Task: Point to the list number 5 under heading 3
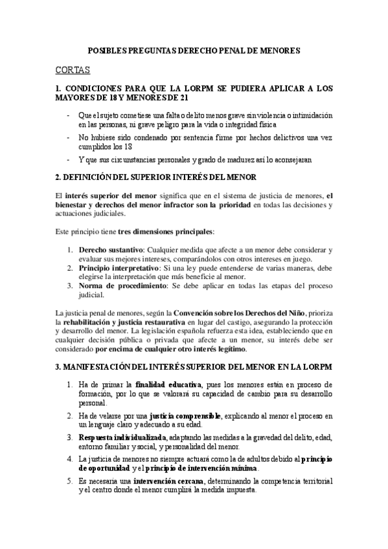tap(70, 481)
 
